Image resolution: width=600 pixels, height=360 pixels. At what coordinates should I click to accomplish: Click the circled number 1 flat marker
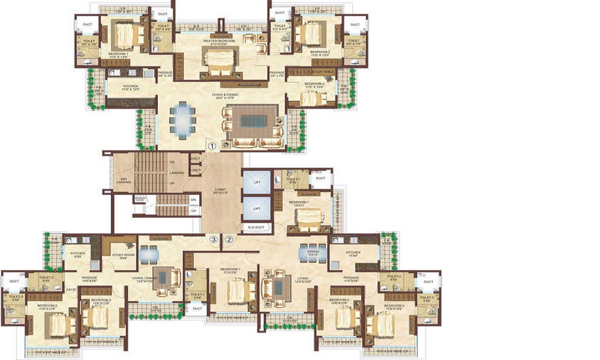[x=211, y=146]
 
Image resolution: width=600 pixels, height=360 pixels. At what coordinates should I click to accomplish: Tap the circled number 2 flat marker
[x=229, y=239]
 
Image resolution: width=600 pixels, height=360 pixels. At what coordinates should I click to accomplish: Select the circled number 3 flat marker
[x=213, y=239]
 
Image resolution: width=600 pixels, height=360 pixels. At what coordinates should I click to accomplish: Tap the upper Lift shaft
[x=256, y=182]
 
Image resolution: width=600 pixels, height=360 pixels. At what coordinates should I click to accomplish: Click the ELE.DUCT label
[x=256, y=227]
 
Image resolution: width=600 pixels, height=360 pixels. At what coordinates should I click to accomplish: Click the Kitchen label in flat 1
[x=131, y=87]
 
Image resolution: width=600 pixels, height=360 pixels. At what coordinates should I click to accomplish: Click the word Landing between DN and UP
[x=176, y=173]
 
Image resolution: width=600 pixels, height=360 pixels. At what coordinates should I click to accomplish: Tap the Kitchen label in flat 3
[x=78, y=254]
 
